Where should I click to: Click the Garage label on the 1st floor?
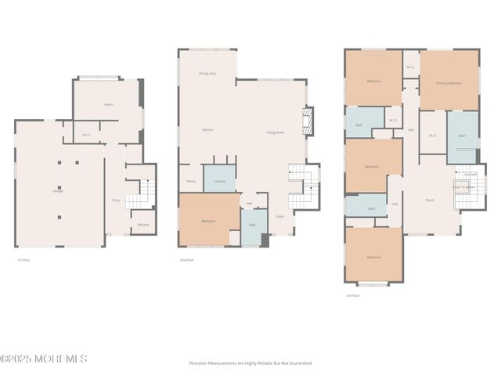pos(57,191)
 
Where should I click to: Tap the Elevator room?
pos(143,225)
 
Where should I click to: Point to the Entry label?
pos(116,201)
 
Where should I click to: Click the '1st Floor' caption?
pos(23,259)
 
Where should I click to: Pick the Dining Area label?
pos(207,73)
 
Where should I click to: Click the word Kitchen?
pos(207,130)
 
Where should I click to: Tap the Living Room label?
pos(275,132)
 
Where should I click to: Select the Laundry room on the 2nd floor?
pos(220,181)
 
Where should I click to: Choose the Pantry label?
pos(191,181)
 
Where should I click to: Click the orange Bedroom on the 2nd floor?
pos(208,221)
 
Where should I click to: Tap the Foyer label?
pos(279,216)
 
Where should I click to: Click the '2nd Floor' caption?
pos(187,259)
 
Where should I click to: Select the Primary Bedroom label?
pos(449,83)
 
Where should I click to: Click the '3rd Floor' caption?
pos(353,295)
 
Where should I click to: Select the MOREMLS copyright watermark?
pos(44,359)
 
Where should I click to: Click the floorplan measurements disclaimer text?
pos(250,363)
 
